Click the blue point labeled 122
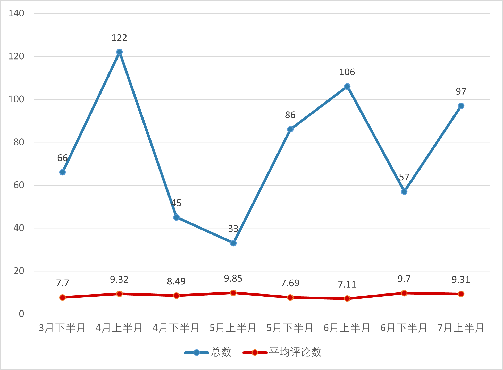pyautogui.click(x=119, y=52)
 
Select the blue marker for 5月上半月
pyautogui.click(x=233, y=243)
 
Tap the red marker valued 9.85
pyautogui.click(x=233, y=293)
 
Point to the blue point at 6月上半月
pyautogui.click(x=347, y=86)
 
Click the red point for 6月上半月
pyautogui.click(x=347, y=298)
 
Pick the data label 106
pyautogui.click(x=347, y=72)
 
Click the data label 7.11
pyautogui.click(x=347, y=284)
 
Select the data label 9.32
pyautogui.click(x=119, y=280)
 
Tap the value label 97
pyautogui.click(x=461, y=91)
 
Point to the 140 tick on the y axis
pyautogui.click(x=16, y=13)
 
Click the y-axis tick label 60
pyautogui.click(x=19, y=185)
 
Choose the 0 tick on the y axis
pyautogui.click(x=21, y=314)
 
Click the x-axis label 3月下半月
pyautogui.click(x=62, y=328)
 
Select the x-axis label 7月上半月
pyautogui.click(x=461, y=328)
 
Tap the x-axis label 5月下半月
pyautogui.click(x=290, y=328)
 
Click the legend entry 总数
pyautogui.click(x=221, y=352)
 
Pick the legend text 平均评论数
pyautogui.click(x=295, y=352)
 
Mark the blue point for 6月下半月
pyautogui.click(x=404, y=191)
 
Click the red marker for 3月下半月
pyautogui.click(x=62, y=297)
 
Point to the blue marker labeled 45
pyautogui.click(x=176, y=217)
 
